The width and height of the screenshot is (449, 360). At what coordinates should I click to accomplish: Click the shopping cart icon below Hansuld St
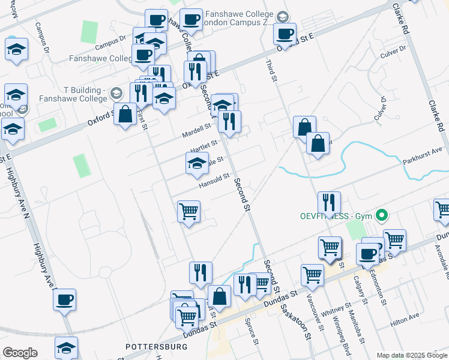(189, 212)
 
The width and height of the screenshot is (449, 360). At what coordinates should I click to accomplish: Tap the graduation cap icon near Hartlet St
(197, 163)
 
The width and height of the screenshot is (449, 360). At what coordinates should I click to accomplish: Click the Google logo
(20, 353)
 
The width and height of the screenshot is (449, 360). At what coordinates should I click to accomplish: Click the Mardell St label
(198, 128)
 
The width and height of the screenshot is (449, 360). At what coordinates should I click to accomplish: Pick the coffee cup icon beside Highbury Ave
(65, 299)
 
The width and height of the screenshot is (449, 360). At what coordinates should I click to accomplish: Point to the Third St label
(270, 59)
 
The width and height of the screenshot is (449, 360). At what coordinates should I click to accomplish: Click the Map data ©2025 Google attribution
(411, 355)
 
